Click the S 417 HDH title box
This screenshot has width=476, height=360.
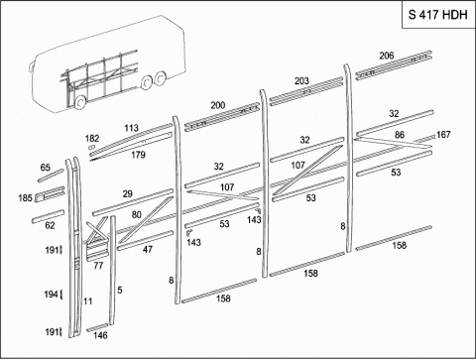[438, 15]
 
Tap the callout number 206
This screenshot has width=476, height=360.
[387, 56]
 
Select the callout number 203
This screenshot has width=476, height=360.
[301, 81]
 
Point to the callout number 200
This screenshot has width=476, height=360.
[218, 105]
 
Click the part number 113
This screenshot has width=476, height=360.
[131, 128]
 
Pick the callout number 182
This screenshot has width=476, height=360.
[92, 139]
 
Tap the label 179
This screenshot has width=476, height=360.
[138, 155]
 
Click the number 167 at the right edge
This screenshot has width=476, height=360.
[443, 135]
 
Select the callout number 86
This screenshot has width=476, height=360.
[400, 135]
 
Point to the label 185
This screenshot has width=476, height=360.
[25, 198]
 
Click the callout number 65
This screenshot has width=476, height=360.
[46, 168]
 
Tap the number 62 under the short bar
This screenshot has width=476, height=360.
[50, 225]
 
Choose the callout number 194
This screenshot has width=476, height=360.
[52, 294]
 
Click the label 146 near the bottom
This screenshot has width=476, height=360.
[100, 335]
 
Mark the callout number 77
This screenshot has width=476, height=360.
[98, 266]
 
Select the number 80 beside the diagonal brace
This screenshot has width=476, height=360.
[137, 215]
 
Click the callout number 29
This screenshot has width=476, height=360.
[128, 193]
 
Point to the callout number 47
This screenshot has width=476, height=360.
[148, 249]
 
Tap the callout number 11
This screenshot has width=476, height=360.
[87, 301]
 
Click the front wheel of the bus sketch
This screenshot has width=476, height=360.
[79, 103]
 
